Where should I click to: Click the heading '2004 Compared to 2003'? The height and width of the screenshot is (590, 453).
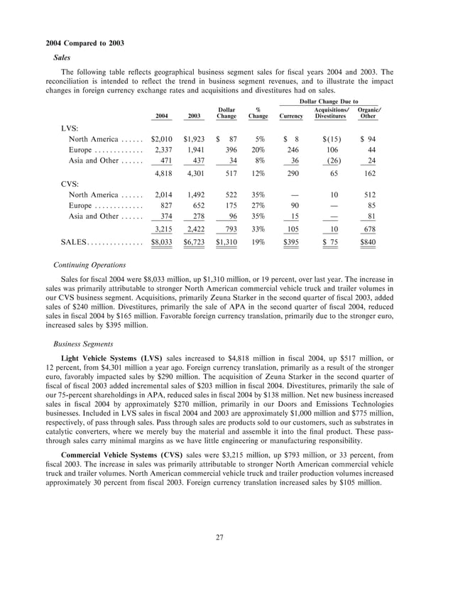coord(79,43)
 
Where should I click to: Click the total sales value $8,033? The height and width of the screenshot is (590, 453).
coord(163,242)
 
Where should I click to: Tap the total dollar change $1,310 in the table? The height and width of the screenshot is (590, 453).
coord(226,242)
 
